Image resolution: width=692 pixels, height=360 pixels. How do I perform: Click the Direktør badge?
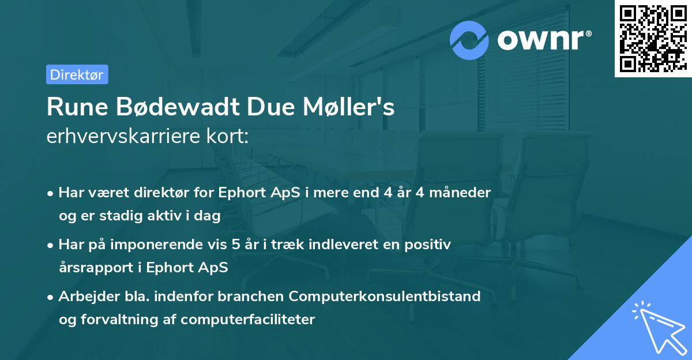77,74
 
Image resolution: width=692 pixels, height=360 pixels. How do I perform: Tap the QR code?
653,38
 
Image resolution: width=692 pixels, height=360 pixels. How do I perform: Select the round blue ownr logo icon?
469,40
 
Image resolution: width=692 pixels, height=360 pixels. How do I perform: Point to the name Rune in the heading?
73,107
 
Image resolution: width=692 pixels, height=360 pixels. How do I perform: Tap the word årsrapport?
93,268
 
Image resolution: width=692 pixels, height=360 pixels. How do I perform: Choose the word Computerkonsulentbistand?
385,297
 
